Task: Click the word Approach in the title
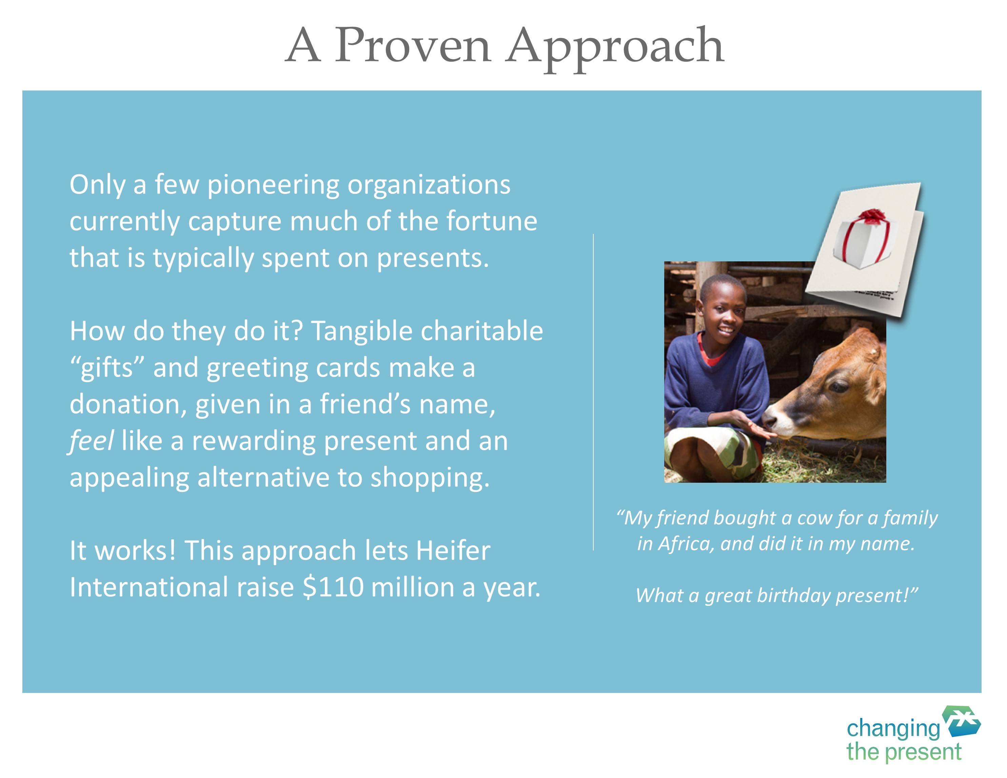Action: pos(615,49)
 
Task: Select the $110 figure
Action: pos(333,587)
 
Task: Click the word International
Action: pos(149,587)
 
